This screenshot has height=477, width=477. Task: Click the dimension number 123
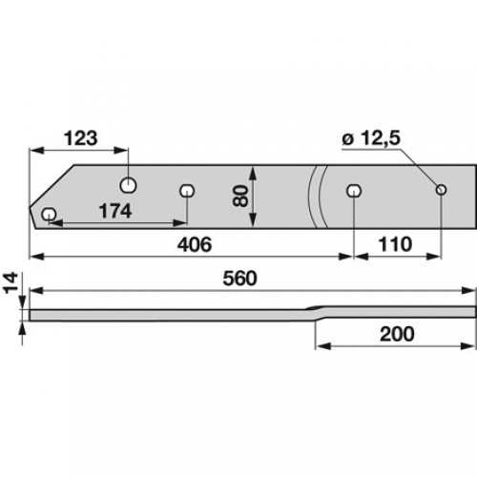tap(80, 138)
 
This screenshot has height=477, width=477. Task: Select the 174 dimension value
tap(115, 211)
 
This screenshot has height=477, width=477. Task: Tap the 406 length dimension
tap(195, 244)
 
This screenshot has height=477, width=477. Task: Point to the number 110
tap(395, 244)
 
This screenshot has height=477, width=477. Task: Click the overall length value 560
tap(239, 279)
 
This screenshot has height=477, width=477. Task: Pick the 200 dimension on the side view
tap(397, 334)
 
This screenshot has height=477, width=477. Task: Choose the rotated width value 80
tap(240, 197)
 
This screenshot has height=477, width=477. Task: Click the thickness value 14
tap(10, 283)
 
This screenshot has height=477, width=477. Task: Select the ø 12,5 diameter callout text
tap(371, 138)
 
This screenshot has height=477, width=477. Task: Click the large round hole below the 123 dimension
tap(128, 185)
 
